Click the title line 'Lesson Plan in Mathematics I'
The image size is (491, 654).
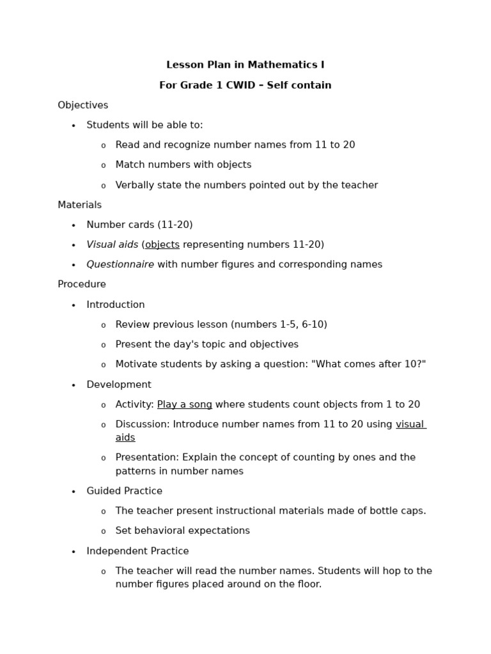[x=245, y=65]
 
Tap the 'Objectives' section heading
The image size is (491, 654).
[x=82, y=105]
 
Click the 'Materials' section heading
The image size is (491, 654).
[x=79, y=205]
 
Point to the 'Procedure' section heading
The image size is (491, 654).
[x=82, y=284]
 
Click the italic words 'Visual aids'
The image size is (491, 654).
[x=112, y=245]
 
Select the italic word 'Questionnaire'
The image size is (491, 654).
[x=120, y=264]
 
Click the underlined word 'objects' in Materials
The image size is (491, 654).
[x=162, y=245]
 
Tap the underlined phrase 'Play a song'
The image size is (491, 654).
[x=184, y=404]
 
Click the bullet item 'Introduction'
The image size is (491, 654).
[x=116, y=305]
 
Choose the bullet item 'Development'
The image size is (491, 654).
[x=119, y=384]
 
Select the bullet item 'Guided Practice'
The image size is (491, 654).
[x=124, y=491]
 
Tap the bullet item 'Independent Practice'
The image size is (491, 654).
[x=137, y=551]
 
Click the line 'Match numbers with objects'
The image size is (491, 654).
[x=183, y=165]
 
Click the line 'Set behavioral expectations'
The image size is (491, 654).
[x=182, y=531]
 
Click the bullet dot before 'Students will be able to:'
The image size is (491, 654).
[x=74, y=126]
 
